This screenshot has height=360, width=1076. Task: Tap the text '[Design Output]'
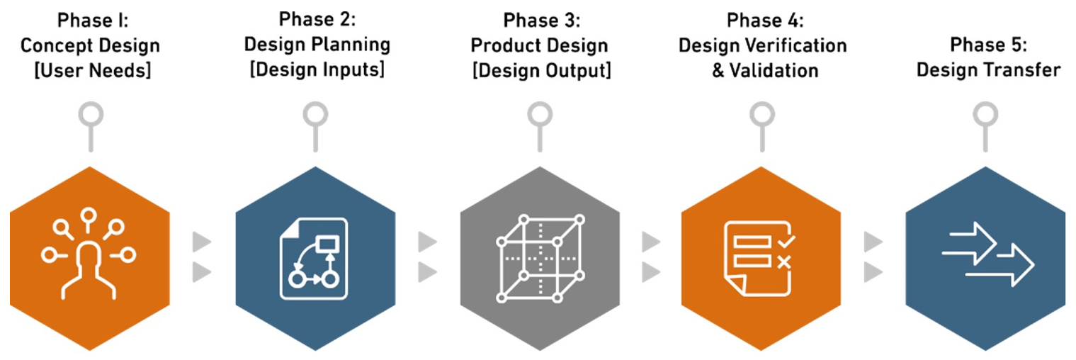click(x=540, y=70)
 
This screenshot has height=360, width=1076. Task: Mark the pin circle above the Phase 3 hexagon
click(x=540, y=114)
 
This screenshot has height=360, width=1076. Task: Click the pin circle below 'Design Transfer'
click(x=985, y=114)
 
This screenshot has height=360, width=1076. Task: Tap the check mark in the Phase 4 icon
click(x=784, y=242)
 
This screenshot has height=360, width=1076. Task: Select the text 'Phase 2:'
click(x=317, y=19)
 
